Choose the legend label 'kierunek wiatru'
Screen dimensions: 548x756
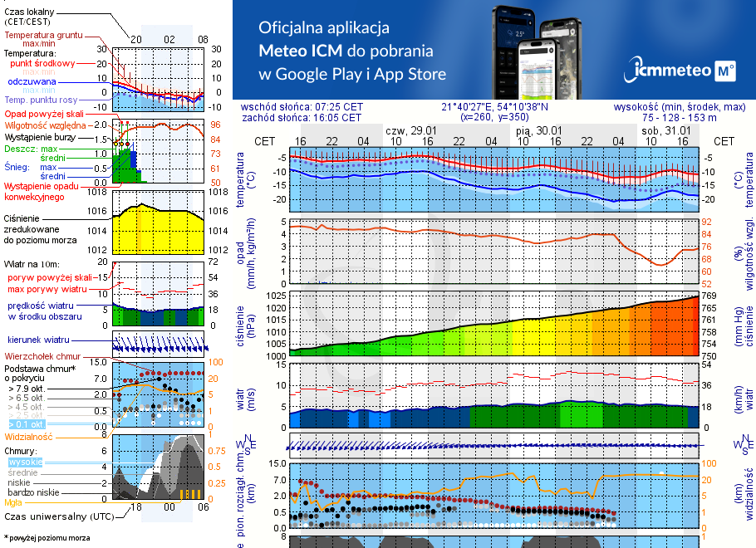(39, 340)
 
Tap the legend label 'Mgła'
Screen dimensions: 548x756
(13, 502)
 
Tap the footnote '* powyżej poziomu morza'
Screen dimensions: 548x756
(46, 538)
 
